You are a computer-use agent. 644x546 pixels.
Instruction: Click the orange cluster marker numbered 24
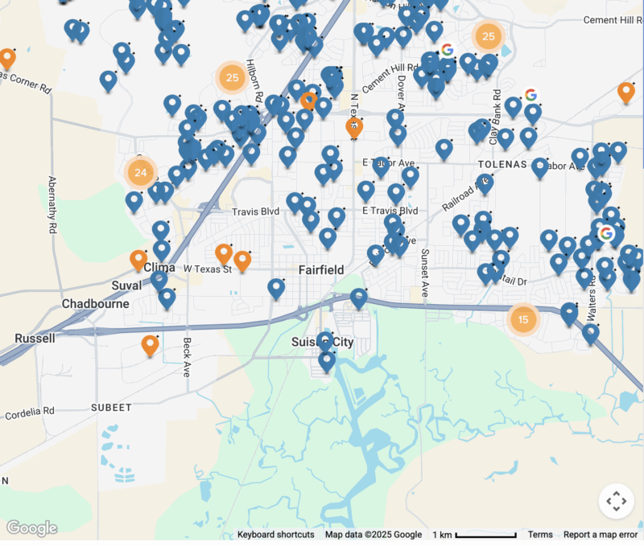pos(140,172)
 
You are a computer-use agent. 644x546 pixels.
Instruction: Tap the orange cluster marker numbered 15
pos(523,319)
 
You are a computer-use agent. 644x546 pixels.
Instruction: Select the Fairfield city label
pos(321,270)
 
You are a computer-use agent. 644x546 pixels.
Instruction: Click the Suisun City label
pos(322,343)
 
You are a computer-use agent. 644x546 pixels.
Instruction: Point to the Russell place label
pos(35,339)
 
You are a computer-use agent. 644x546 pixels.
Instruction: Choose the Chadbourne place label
pos(95,304)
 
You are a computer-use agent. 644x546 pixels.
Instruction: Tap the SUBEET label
pos(111,408)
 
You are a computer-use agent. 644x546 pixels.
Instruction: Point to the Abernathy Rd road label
pos(52,205)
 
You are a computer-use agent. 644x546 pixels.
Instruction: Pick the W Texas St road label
pos(208,269)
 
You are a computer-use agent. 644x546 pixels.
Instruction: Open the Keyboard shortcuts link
pos(275,535)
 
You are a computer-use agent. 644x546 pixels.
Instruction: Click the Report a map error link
pos(600,535)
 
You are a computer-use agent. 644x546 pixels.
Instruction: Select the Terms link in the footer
pos(540,535)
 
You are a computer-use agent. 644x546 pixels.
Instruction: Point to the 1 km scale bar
pos(475,535)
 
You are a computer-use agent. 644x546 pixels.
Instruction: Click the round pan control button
pos(616,501)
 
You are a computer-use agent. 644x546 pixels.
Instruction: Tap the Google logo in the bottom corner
pos(32,528)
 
